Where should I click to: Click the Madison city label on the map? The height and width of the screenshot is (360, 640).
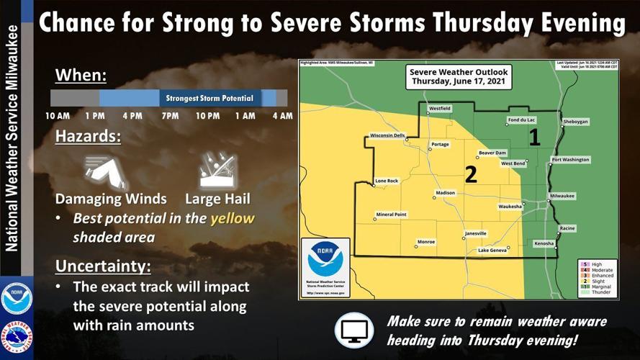coord(445,193)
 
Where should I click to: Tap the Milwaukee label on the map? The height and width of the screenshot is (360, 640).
coord(562,196)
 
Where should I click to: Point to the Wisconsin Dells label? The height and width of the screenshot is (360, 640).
coord(388,135)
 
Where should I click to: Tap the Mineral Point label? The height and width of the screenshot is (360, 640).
coord(391,215)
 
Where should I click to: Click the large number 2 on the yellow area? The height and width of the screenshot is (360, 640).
coord(471,174)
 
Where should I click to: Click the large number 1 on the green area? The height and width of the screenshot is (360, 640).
coord(534,137)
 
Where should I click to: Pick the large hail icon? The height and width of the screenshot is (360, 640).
coord(217,171)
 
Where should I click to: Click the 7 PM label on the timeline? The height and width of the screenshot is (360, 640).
coord(170,116)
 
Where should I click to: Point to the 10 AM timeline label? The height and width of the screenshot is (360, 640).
coord(57,116)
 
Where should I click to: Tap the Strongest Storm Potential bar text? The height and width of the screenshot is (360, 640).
coord(209,98)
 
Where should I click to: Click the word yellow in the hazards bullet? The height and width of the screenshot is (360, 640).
coord(232,219)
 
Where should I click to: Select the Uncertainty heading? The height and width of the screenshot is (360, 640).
coord(103,266)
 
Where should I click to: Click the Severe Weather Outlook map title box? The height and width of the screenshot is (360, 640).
coord(458,77)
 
